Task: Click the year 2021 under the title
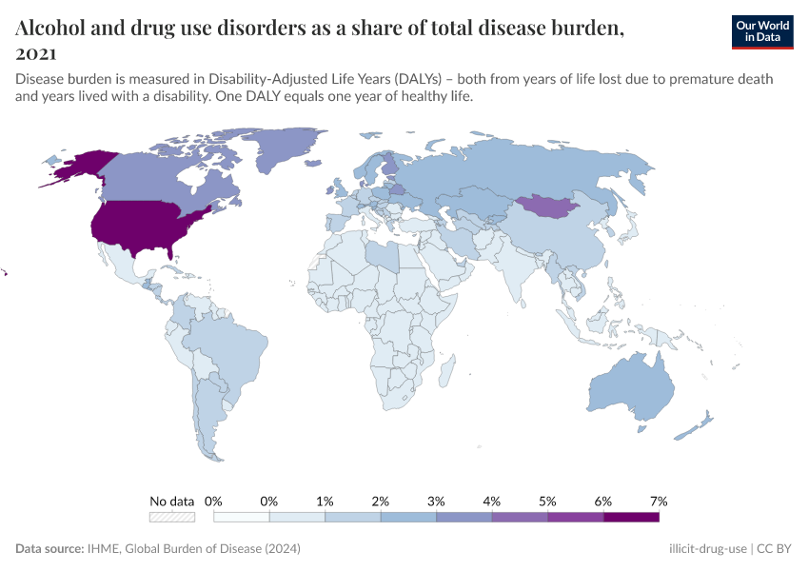pyautogui.click(x=35, y=53)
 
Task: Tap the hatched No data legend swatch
pyautogui.click(x=171, y=517)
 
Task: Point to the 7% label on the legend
pyautogui.click(x=658, y=501)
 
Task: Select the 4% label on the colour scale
pyautogui.click(x=491, y=501)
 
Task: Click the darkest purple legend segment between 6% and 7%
pyautogui.click(x=631, y=517)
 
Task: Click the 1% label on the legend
pyautogui.click(x=325, y=501)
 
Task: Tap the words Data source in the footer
pyautogui.click(x=48, y=549)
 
